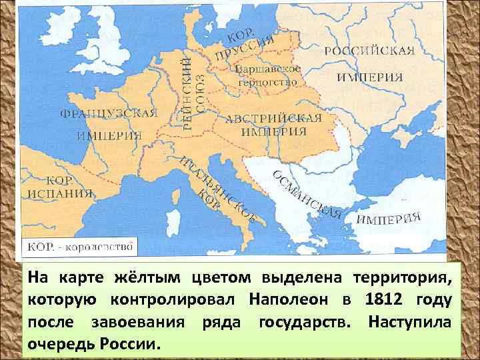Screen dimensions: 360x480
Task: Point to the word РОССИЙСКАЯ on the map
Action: click(369, 51)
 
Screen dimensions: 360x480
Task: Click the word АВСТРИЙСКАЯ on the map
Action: click(273, 119)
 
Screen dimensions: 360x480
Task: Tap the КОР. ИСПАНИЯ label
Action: click(59, 187)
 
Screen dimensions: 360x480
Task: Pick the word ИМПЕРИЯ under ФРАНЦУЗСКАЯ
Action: click(109, 135)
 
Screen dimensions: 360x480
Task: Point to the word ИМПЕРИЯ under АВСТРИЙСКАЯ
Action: click(273, 131)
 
